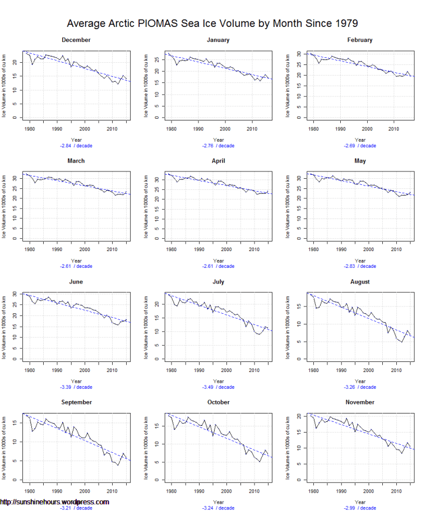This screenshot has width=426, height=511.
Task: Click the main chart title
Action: pos(212,24)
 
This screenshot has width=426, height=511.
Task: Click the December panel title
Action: pos(76,40)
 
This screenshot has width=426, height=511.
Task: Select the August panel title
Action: pos(360,282)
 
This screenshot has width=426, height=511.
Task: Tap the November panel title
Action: pos(360,402)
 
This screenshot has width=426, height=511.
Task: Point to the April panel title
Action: pos(218,161)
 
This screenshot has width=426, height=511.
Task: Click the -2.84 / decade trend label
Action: pos(76,146)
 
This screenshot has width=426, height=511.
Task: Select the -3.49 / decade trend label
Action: pos(218,387)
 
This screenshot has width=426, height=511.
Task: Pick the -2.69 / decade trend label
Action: pos(360,146)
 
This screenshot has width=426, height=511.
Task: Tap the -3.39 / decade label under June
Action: pos(76,387)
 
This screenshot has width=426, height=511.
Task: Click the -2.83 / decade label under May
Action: pos(360,267)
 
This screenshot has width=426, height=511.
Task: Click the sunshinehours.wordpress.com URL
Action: pos(54,502)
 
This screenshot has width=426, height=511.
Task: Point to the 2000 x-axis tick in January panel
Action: pos(226,129)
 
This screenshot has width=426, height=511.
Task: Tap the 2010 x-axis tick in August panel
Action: pos(396,370)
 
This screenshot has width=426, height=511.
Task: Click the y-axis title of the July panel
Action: pos(146,328)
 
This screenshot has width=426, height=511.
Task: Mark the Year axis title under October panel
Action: pos(218,502)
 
